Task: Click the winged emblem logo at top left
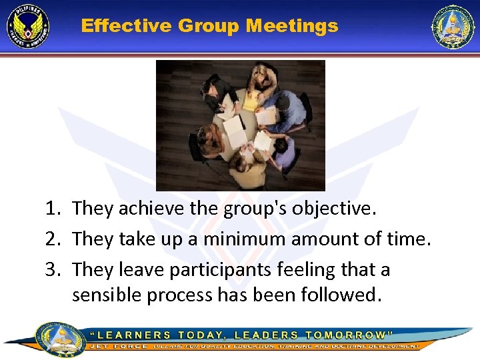click(x=28, y=27)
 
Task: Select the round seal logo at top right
click(x=453, y=27)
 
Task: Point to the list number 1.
click(x=54, y=209)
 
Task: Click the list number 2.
click(x=54, y=238)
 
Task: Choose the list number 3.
click(x=54, y=269)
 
